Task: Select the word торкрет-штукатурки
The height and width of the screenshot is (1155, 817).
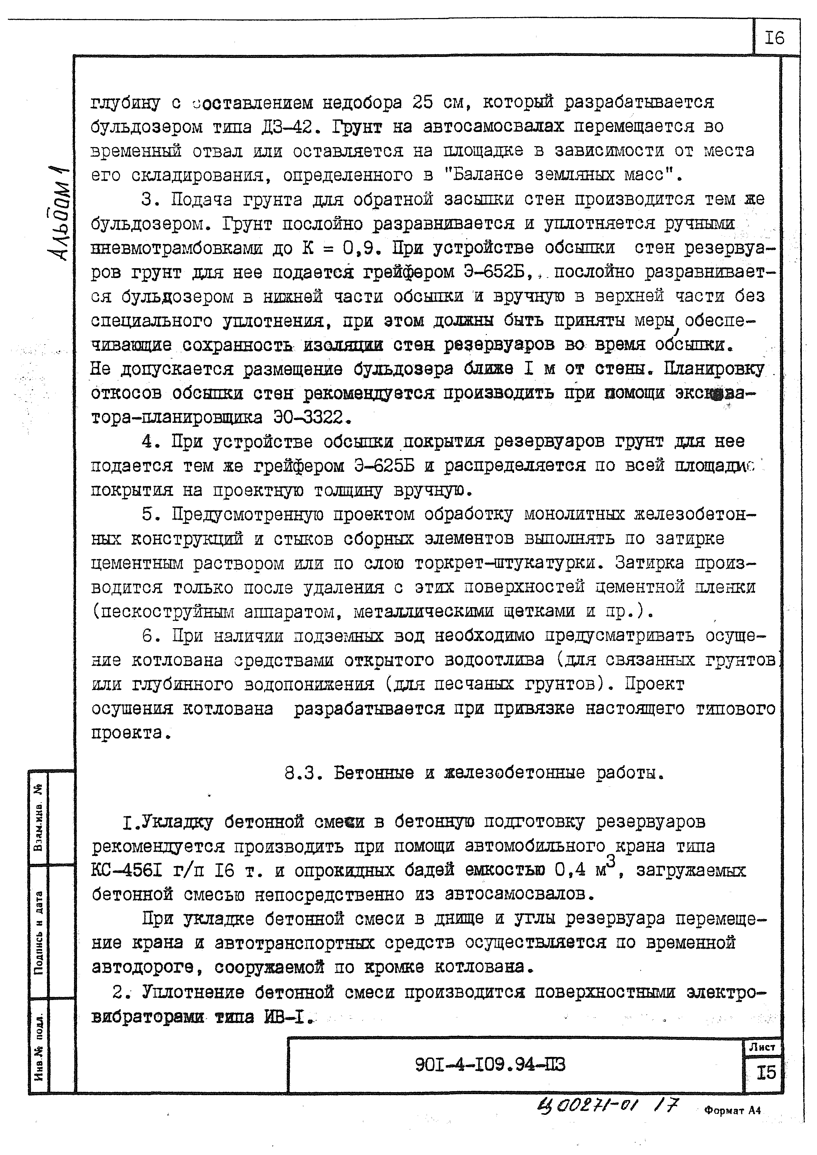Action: [x=508, y=563]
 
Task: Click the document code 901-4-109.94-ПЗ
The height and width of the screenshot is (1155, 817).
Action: [x=490, y=1065]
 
